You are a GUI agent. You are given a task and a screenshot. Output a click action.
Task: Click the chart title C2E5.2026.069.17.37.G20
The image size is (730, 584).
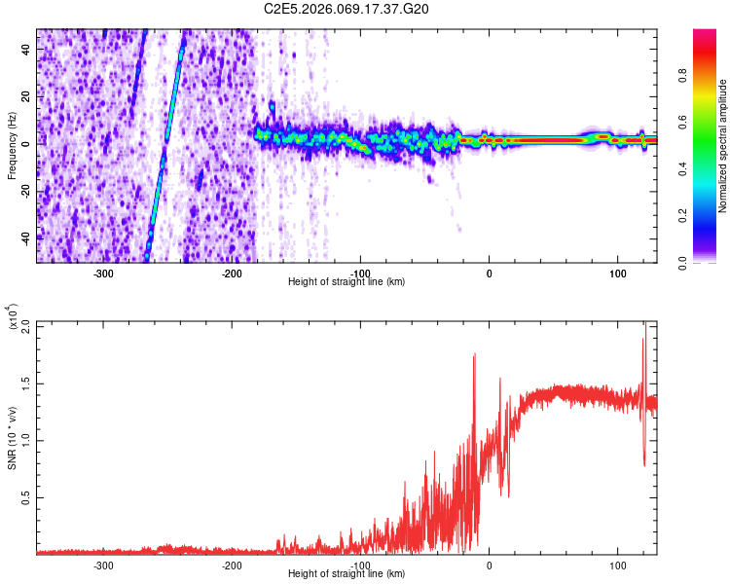pyautogui.click(x=347, y=9)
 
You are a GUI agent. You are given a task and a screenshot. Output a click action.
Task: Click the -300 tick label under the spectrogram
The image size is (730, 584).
pyautogui.click(x=104, y=274)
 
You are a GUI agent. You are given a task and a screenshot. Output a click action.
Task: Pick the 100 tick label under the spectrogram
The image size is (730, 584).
pyautogui.click(x=617, y=274)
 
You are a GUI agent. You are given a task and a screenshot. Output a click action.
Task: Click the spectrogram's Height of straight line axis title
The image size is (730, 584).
pyautogui.click(x=347, y=282)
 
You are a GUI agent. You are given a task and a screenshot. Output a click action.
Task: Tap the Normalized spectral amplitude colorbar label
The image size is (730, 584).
pyautogui.click(x=723, y=146)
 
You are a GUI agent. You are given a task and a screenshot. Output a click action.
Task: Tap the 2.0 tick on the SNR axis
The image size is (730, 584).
pyautogui.click(x=25, y=324)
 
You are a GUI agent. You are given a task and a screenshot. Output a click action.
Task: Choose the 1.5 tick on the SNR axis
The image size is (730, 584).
pyautogui.click(x=25, y=382)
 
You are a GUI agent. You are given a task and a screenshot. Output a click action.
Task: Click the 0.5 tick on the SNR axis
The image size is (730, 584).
pyautogui.click(x=25, y=496)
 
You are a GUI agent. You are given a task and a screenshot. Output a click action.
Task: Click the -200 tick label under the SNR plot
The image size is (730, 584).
pyautogui.click(x=232, y=565)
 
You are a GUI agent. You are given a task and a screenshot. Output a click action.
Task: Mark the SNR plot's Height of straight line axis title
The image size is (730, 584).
pyautogui.click(x=347, y=574)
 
